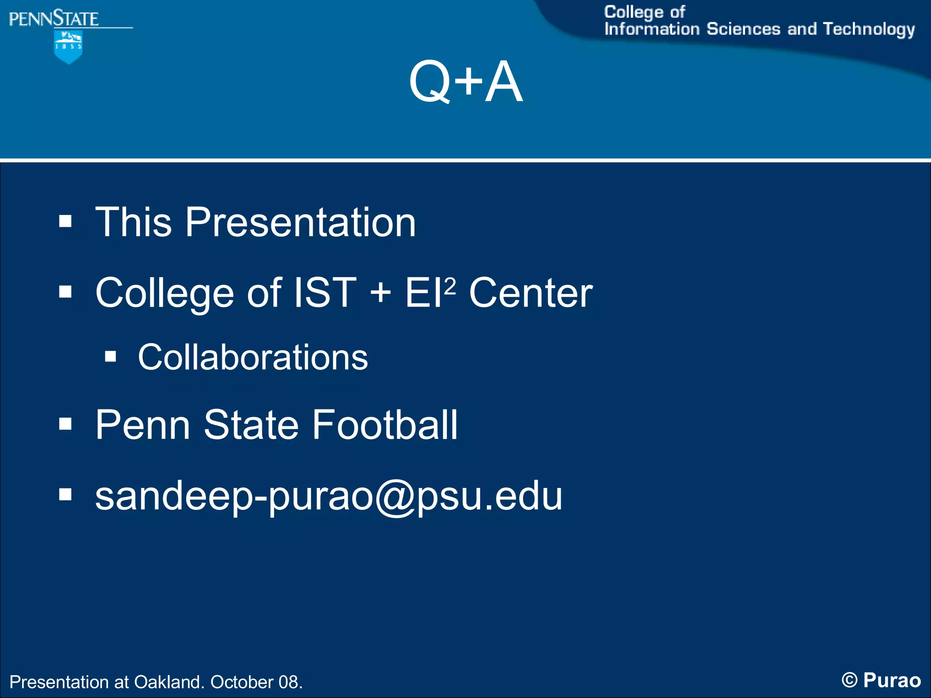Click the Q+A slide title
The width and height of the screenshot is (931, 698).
click(x=465, y=82)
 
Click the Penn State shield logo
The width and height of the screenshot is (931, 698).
click(x=68, y=47)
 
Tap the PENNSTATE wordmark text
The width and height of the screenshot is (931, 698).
click(x=54, y=19)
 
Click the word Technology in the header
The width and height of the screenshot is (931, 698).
click(x=869, y=29)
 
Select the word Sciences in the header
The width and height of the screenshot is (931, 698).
click(x=743, y=29)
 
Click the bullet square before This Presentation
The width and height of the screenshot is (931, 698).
click(x=65, y=221)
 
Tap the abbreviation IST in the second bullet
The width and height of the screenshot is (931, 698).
click(x=325, y=293)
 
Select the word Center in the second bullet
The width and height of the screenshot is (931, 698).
click(x=531, y=293)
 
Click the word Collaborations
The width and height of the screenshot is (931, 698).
click(x=253, y=357)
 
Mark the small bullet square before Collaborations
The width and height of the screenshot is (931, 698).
click(x=110, y=356)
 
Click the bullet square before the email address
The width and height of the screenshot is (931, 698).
click(x=65, y=494)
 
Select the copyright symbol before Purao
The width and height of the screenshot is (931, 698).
click(x=849, y=680)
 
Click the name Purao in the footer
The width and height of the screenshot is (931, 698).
click(x=891, y=680)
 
